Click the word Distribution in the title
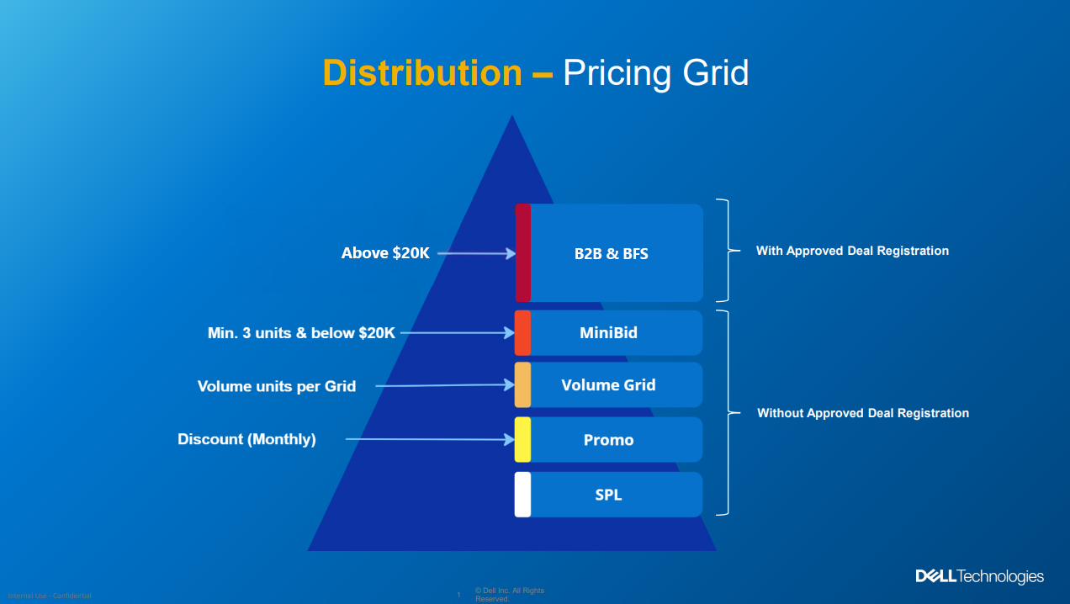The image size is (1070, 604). [x=421, y=73]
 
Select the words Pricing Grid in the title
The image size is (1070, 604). [x=655, y=73]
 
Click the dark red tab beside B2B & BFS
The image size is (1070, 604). [x=522, y=252]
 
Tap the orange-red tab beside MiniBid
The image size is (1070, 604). [x=522, y=332]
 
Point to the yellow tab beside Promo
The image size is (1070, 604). [x=522, y=439]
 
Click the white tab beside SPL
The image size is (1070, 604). [x=522, y=495]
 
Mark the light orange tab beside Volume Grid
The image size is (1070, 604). [x=522, y=384]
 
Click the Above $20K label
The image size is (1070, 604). [x=385, y=252]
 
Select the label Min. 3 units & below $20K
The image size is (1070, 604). [x=301, y=333]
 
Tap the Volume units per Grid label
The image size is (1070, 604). [x=277, y=386]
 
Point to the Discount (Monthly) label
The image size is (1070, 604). [x=246, y=439]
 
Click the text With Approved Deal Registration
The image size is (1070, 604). [x=852, y=251]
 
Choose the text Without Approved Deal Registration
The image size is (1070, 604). [x=863, y=413]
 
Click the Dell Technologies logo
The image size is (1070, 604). [x=979, y=576]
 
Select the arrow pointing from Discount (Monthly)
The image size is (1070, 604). [x=429, y=439]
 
